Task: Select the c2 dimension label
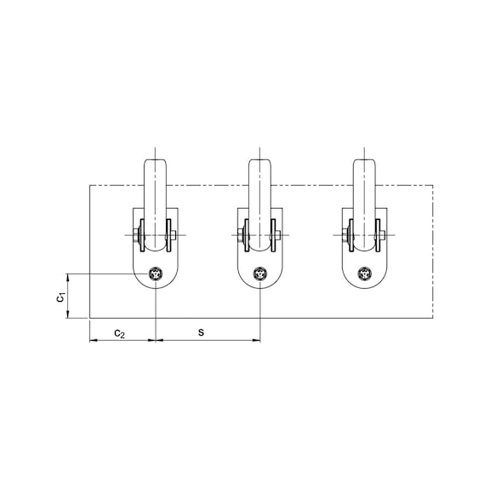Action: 120,331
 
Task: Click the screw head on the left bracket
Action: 157,274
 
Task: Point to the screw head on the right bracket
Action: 366,274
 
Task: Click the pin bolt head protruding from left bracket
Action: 175,236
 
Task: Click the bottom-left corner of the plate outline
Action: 89,317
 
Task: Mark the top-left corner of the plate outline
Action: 89,185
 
